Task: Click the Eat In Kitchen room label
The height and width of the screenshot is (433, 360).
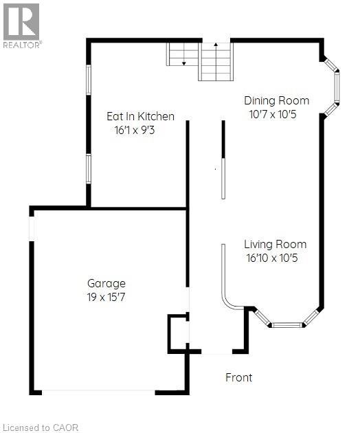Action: pos(140,116)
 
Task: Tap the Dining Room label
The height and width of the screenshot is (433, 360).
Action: pos(277,100)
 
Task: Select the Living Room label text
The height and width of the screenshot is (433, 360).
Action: pos(275,244)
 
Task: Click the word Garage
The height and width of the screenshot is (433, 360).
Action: pos(106,282)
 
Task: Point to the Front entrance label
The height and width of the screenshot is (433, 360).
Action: pos(239,377)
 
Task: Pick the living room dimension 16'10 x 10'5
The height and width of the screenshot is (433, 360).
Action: pos(273,258)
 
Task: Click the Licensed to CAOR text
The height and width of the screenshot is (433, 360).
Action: pos(41,428)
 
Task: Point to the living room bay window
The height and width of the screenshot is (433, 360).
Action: pos(287,321)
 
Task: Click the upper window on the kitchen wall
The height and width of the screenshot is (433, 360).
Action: pos(88,80)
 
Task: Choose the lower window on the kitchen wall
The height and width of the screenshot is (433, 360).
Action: pos(88,168)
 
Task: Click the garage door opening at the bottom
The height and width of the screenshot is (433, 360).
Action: pos(99,392)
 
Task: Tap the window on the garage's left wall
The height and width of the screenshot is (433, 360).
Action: pos(31,226)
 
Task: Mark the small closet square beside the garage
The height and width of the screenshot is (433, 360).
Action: pos(178,333)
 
